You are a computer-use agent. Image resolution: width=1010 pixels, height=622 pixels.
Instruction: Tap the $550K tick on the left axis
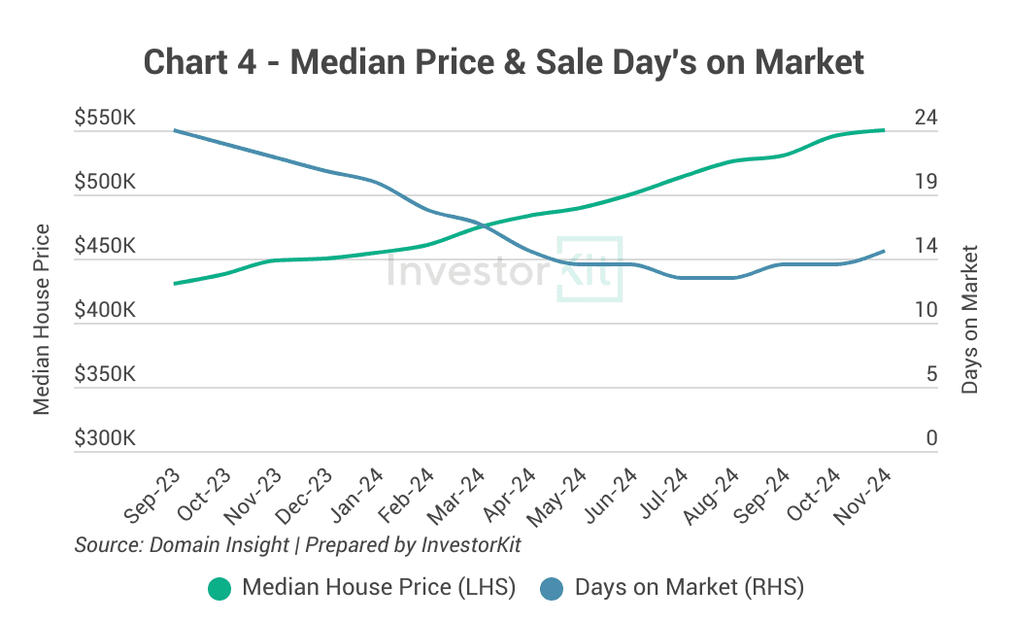(104, 119)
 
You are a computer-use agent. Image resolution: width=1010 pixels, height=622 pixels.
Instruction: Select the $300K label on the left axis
(104, 439)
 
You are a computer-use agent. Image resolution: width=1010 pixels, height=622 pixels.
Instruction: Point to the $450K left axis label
(104, 247)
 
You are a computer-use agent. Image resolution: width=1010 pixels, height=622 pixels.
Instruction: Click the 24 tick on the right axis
(926, 119)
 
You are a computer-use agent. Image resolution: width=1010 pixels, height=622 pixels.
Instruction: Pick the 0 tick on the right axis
(931, 439)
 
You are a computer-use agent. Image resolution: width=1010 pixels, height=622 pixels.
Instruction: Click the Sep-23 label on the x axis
(151, 496)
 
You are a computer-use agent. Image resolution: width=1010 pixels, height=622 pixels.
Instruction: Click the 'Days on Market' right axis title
(969, 319)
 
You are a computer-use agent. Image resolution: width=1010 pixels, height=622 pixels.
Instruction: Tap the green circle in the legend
(219, 588)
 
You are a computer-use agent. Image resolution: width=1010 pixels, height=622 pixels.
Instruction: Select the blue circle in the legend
(552, 588)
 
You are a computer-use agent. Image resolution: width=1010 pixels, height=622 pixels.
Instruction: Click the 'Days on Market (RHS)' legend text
(690, 588)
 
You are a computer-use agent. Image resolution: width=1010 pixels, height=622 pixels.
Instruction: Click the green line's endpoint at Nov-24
(883, 130)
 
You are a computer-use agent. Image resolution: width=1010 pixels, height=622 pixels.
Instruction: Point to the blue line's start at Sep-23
(175, 130)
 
